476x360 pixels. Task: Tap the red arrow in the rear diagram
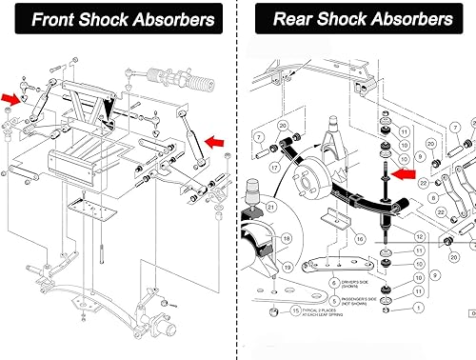pos(404,174)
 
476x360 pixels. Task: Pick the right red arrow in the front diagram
pos(215,143)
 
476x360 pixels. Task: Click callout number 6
pos(333,283)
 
